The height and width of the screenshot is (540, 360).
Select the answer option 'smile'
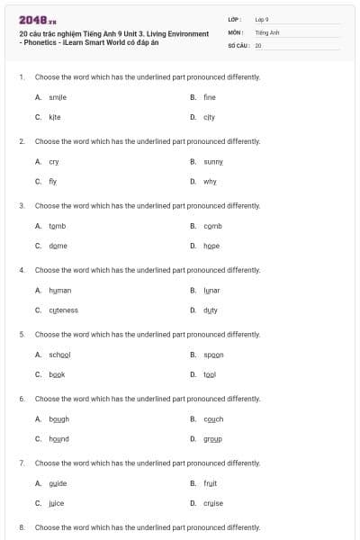[x=57, y=97]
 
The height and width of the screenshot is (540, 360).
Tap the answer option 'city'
[x=209, y=117]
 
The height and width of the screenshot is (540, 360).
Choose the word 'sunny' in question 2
[x=212, y=161]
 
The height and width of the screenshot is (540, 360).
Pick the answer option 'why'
[x=210, y=181]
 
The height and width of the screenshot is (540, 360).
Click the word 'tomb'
[x=57, y=226]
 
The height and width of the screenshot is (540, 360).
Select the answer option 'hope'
[x=211, y=246]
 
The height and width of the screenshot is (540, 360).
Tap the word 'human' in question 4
[x=59, y=291]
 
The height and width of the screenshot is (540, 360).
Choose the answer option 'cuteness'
[x=63, y=310]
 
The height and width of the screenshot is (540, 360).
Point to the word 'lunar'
[x=211, y=291]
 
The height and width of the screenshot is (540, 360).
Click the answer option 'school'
[x=59, y=355]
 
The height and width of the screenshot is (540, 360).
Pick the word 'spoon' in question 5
[x=213, y=355]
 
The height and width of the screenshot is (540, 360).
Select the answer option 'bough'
[x=58, y=419]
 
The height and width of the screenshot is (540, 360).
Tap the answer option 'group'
[x=212, y=439]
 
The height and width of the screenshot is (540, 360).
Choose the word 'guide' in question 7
[x=58, y=483]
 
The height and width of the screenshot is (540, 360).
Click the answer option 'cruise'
[x=213, y=503]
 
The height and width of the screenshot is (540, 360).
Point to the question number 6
[x=22, y=398]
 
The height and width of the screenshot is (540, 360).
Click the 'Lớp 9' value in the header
[x=262, y=19]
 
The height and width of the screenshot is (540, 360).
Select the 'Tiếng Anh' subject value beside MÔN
[x=267, y=31]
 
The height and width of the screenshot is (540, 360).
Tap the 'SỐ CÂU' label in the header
[x=238, y=44]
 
